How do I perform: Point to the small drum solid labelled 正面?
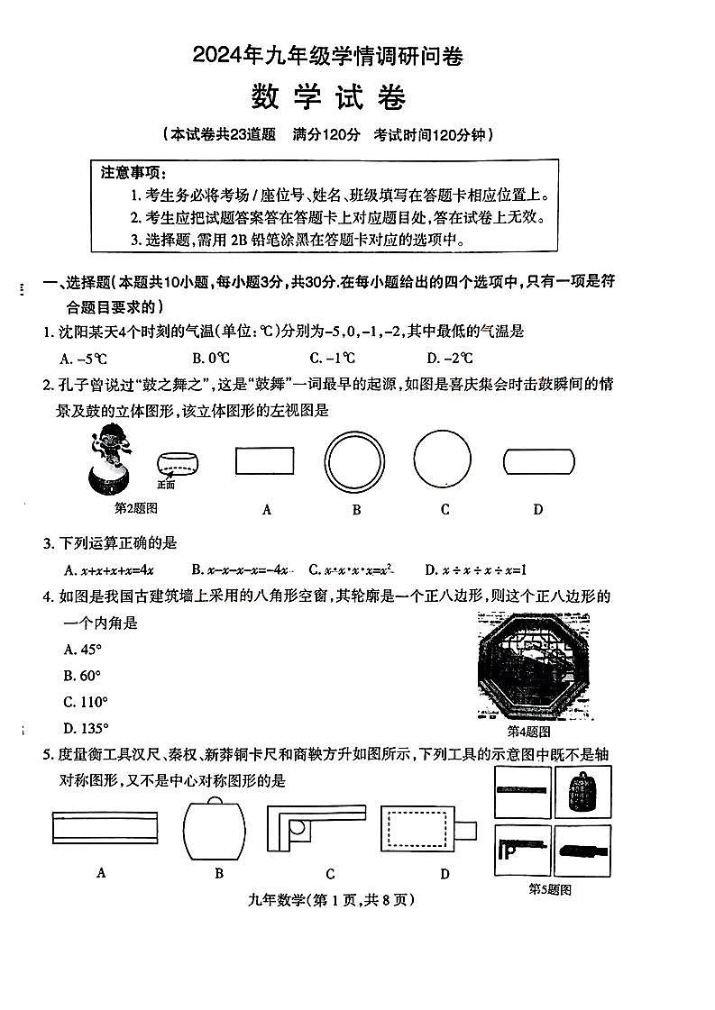click(177, 465)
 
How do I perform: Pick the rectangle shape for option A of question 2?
click(264, 460)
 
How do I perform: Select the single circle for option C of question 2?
click(442, 460)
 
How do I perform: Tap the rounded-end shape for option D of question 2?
click(538, 460)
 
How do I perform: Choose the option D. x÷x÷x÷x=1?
click(475, 569)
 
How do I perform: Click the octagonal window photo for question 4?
click(534, 666)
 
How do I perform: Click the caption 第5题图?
click(548, 889)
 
